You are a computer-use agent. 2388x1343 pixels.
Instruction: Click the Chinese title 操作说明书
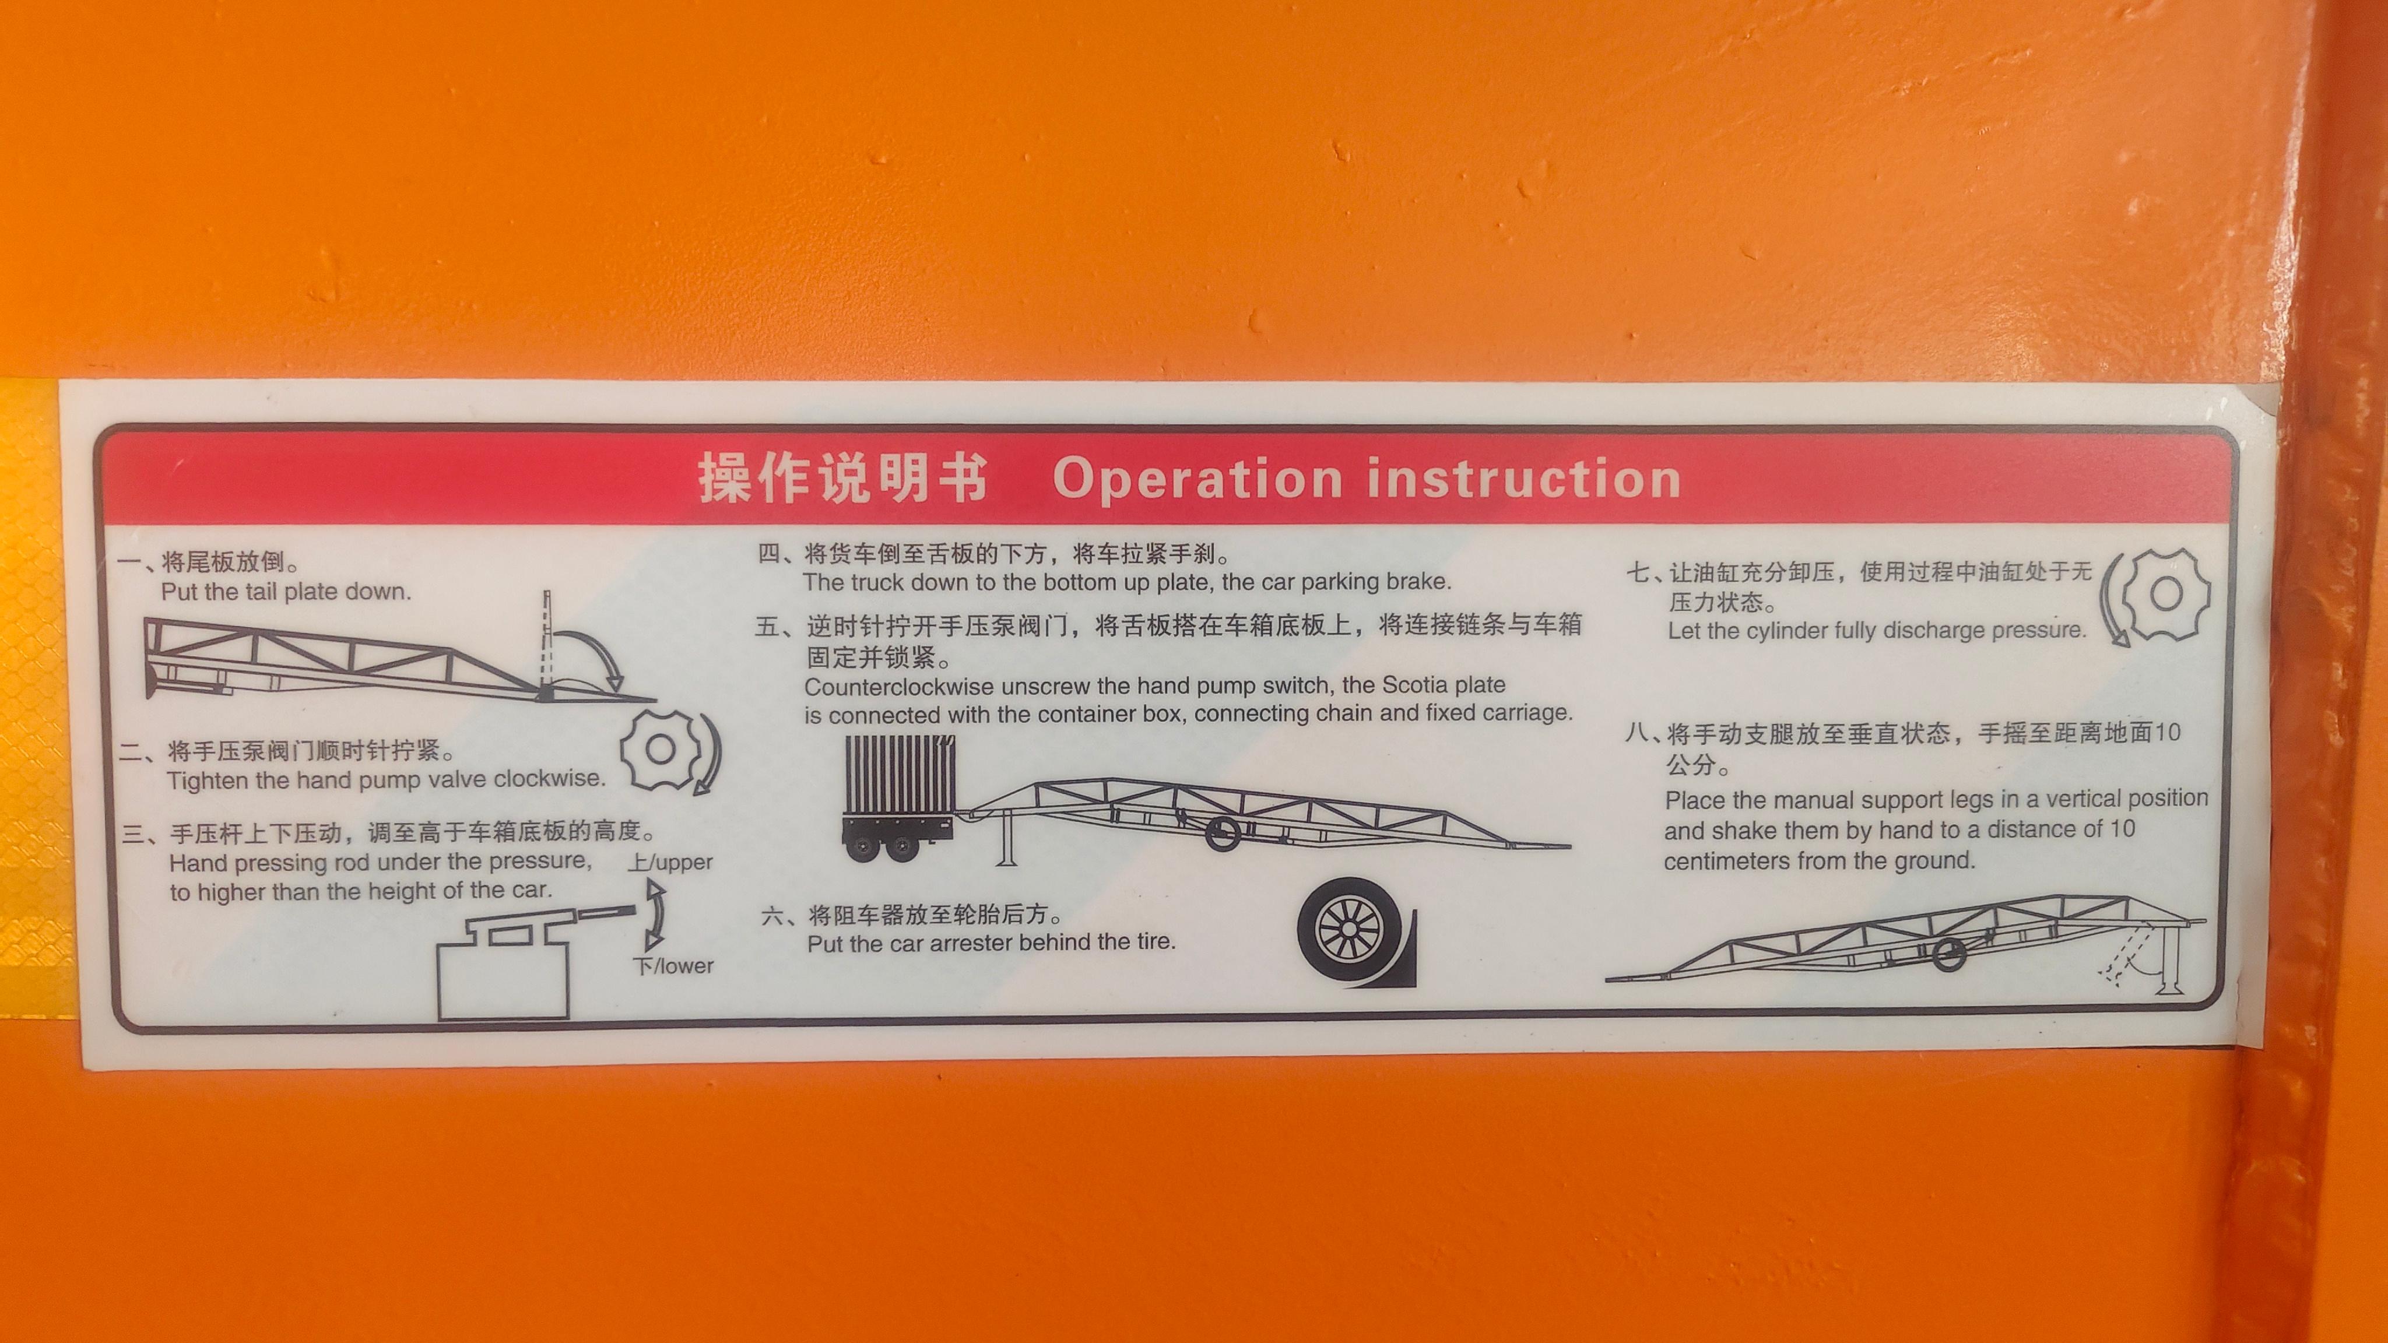pos(842,479)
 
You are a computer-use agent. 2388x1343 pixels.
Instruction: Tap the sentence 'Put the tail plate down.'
pos(286,591)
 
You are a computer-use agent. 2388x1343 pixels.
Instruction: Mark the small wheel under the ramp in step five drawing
pos(1223,833)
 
